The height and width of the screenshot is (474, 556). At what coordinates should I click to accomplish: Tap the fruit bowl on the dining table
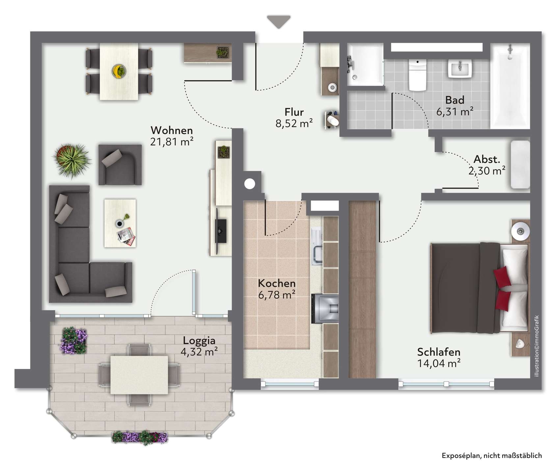coord(119,71)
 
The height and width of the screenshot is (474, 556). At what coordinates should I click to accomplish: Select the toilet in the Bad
coord(417,75)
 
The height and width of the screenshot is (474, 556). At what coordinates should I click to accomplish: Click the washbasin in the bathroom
coord(460,68)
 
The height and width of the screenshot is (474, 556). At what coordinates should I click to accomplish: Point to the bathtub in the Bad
coord(510,86)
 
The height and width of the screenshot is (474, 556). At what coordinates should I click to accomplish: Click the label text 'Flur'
coord(294,112)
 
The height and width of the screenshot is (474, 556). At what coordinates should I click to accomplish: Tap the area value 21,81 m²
coord(172,142)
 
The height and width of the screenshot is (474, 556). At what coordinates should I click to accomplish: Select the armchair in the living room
coord(120,165)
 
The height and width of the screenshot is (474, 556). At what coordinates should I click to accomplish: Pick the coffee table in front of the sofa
coord(120,223)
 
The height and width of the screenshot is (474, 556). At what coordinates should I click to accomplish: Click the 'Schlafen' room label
coord(438,352)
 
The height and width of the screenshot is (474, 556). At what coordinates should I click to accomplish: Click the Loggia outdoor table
coord(139,375)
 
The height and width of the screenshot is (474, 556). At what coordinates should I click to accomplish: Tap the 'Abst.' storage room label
coord(487,160)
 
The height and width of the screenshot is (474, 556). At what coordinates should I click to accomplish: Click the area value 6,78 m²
coord(277,295)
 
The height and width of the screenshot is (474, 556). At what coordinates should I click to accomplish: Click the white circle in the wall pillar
coord(250,183)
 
